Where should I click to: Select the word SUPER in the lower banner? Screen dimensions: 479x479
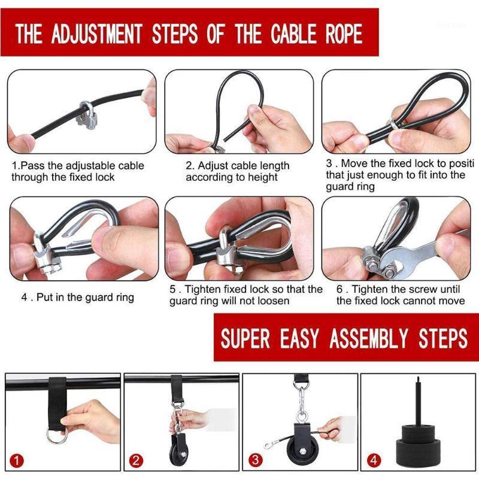pyautogui.click(x=245, y=338)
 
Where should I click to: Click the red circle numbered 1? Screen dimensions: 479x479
pyautogui.click(x=19, y=461)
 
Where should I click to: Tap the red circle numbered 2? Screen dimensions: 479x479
pyautogui.click(x=137, y=461)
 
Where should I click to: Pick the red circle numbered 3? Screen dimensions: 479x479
pyautogui.click(x=256, y=461)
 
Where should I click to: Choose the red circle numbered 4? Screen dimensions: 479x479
pyautogui.click(x=374, y=461)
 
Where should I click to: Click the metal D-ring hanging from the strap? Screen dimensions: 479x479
pyautogui.click(x=56, y=435)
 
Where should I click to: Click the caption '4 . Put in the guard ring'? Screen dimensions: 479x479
pyautogui.click(x=78, y=297)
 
